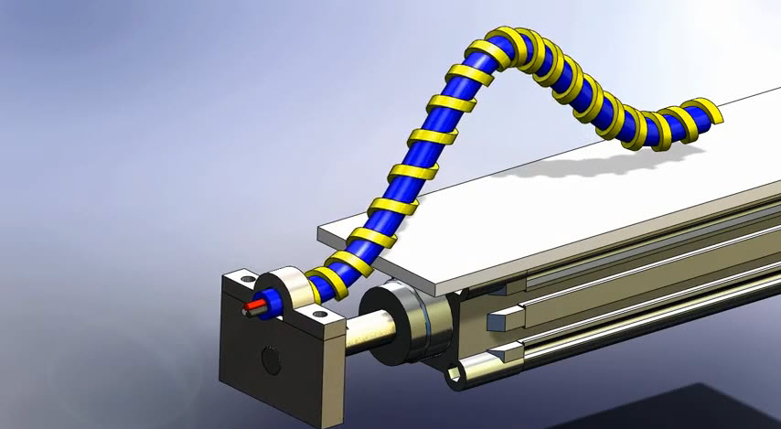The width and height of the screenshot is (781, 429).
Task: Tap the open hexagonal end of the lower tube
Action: [458, 376]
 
